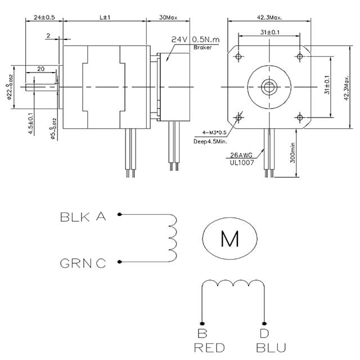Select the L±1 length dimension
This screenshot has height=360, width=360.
[x=105, y=17]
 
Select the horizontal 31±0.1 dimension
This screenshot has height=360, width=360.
[x=270, y=33]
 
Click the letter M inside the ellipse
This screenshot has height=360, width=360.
[x=229, y=238]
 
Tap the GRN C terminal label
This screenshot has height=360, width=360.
[x=83, y=263]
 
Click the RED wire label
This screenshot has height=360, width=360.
[x=209, y=347]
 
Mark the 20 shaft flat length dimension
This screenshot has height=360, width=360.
[x=40, y=69]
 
